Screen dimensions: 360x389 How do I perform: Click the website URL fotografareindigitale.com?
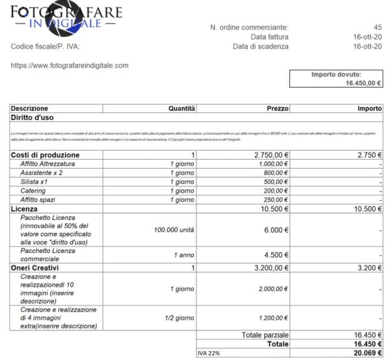point(69,66)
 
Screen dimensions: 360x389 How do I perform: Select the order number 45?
point(378,27)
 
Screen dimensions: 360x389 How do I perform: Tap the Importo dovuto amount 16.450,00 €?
point(363,83)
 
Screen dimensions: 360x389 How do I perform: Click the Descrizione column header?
point(29,108)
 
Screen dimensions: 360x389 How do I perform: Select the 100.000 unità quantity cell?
point(174,230)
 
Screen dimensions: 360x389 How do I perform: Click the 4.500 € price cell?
point(276,254)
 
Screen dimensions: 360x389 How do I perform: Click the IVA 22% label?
point(209,352)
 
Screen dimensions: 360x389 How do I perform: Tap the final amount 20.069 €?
point(366,352)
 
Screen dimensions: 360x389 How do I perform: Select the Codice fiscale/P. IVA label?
point(45,46)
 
